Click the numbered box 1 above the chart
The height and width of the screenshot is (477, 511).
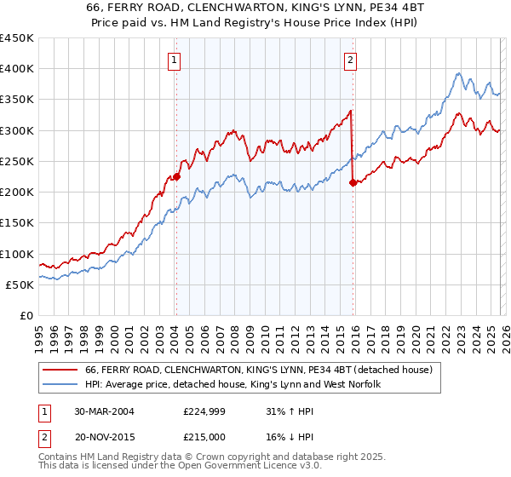pos(174,60)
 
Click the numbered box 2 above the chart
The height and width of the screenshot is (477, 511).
pos(351,60)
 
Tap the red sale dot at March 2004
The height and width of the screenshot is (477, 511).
pos(177,177)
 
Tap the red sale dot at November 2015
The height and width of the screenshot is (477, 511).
pos(353,182)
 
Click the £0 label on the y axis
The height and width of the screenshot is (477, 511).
pos(26,316)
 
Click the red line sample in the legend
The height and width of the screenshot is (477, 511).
pos(60,370)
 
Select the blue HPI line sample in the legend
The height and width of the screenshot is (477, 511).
pos(60,385)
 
